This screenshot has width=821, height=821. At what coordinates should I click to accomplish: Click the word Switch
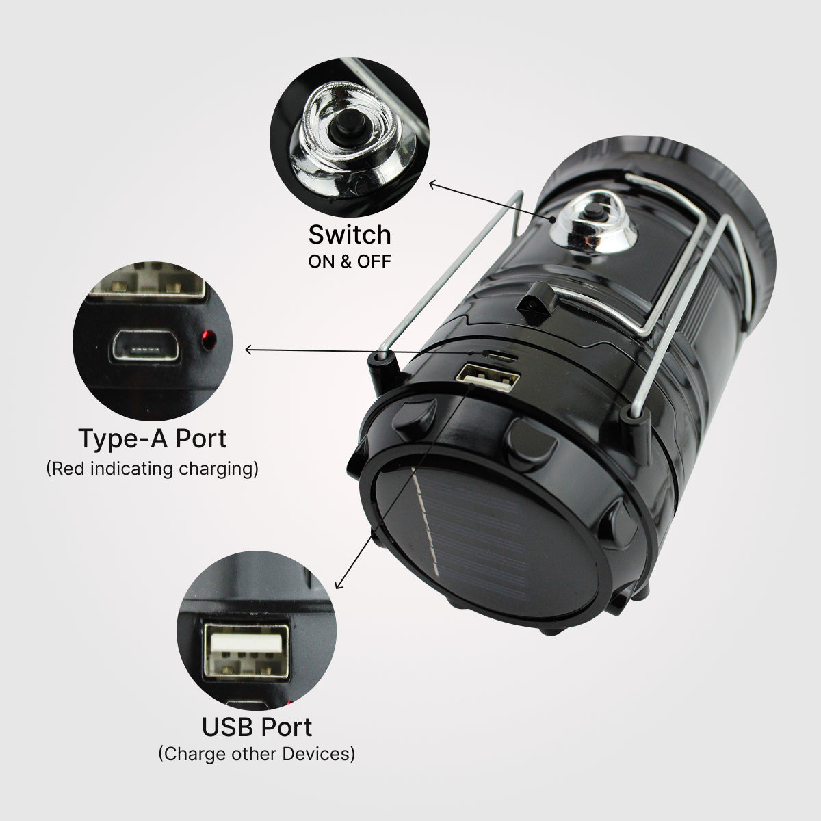[x=350, y=235]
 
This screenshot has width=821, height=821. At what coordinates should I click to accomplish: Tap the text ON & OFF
[x=350, y=262]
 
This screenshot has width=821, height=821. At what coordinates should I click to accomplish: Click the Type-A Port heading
[x=153, y=439]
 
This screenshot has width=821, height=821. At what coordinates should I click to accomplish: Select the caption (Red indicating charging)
[x=152, y=469]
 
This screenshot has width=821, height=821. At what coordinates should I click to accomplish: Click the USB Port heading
[x=257, y=727]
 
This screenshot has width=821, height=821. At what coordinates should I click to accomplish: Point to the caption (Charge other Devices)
[x=257, y=754]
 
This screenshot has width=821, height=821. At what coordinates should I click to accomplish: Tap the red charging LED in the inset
[x=209, y=339]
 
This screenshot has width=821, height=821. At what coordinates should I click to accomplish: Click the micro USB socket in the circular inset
[x=145, y=346]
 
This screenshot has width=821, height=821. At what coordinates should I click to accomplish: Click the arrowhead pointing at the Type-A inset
[x=249, y=350]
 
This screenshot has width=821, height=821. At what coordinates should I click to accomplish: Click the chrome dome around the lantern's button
[x=593, y=224]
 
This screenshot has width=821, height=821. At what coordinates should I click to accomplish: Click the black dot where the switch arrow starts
[x=553, y=220]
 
